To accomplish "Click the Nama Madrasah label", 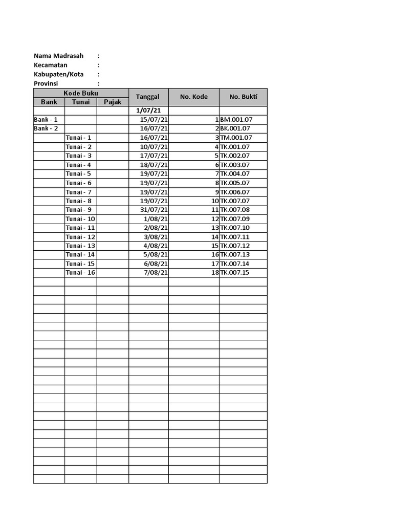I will click(x=58, y=56).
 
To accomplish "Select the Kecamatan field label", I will click(x=50, y=65).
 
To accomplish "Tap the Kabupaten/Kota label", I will click(x=58, y=74).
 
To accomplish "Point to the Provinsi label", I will click(x=46, y=83).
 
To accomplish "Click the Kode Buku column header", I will click(x=81, y=93).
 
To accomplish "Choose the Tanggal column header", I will click(x=148, y=97).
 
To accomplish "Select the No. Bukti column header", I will click(x=243, y=97).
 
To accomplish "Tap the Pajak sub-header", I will click(x=113, y=102).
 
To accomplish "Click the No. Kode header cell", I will click(x=193, y=97).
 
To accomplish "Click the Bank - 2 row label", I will click(x=46, y=128).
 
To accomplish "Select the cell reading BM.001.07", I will click(x=236, y=120).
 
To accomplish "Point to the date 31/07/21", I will click(x=154, y=210).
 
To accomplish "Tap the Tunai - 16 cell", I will click(x=81, y=273).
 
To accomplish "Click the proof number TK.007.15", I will click(x=235, y=273).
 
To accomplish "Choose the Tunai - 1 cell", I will click(x=79, y=138).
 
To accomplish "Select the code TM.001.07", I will click(x=236, y=138).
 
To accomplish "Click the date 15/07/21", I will click(x=154, y=120).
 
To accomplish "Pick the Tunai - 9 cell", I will click(x=79, y=210).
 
